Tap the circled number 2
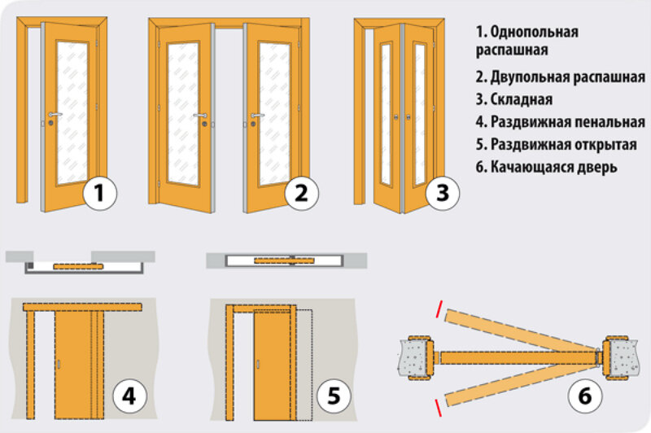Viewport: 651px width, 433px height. tap(300, 194)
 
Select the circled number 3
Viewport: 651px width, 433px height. tap(442, 194)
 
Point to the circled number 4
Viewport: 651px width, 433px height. tap(129, 396)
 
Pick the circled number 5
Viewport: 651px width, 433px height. tap(333, 396)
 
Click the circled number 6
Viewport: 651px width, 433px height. tap(584, 396)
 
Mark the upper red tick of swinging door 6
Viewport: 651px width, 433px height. tap(439, 312)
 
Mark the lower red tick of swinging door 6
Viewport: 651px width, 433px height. tap(439, 404)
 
